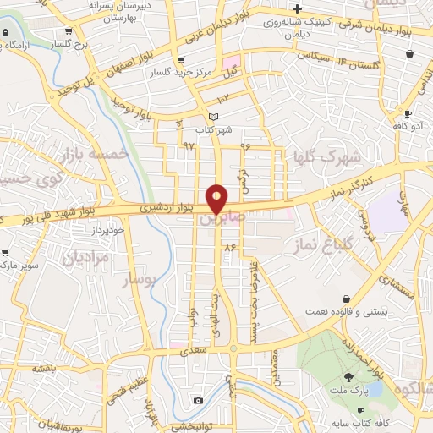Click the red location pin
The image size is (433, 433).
coord(217,198)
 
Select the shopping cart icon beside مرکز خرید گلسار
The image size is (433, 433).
coord(180,59)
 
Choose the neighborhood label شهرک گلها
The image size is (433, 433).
coord(326,156)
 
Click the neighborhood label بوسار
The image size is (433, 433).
coord(141,279)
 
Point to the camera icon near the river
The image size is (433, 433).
coord(198,400)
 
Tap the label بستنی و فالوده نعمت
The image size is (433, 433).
coord(347,311)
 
